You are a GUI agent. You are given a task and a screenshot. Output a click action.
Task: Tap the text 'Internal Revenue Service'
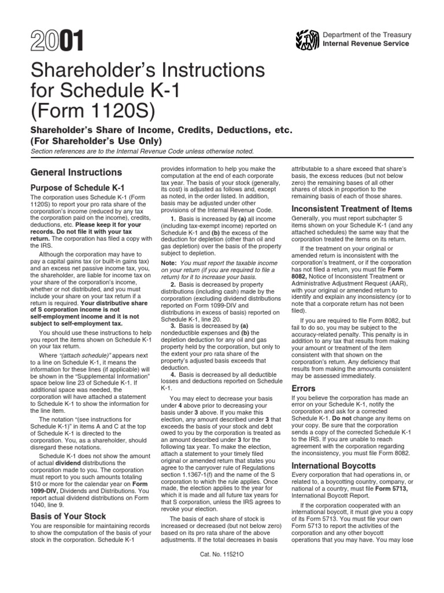pyautogui.click(x=366, y=43)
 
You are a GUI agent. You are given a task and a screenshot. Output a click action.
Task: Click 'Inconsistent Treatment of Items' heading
pyautogui.click(x=351, y=208)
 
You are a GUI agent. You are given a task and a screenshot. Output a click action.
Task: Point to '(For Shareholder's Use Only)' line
pyautogui.click(x=96, y=141)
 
